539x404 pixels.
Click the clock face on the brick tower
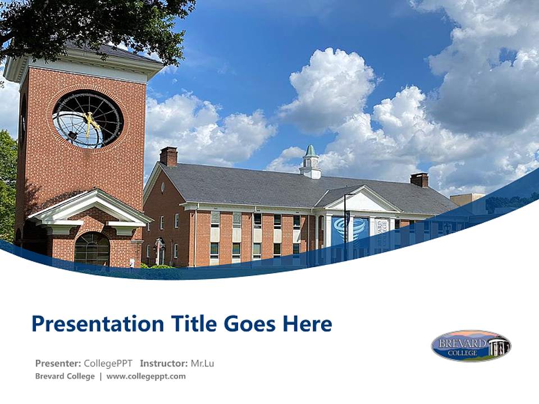coord(88,119)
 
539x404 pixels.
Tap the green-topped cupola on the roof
coord(310,161)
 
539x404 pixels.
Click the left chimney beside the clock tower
coord(168,156)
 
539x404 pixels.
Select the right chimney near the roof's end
coord(419,180)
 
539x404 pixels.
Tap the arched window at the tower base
coord(92,248)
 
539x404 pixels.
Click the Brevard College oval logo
coord(471,346)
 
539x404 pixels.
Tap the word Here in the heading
coord(307,324)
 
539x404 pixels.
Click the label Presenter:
coord(58,363)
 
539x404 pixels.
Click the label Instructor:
coord(163,363)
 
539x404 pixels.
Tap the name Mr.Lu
coord(202,363)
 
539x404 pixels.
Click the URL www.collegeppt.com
coord(146,377)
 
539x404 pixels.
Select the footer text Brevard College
coord(65,377)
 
